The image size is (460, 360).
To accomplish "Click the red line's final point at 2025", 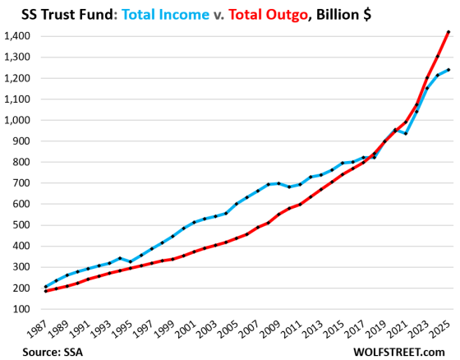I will (x=448, y=32).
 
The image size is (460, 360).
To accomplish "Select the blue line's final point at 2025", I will (x=448, y=70).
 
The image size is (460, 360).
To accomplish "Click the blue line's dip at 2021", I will (x=405, y=133).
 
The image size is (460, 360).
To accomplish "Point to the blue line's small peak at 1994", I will (x=119, y=258).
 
